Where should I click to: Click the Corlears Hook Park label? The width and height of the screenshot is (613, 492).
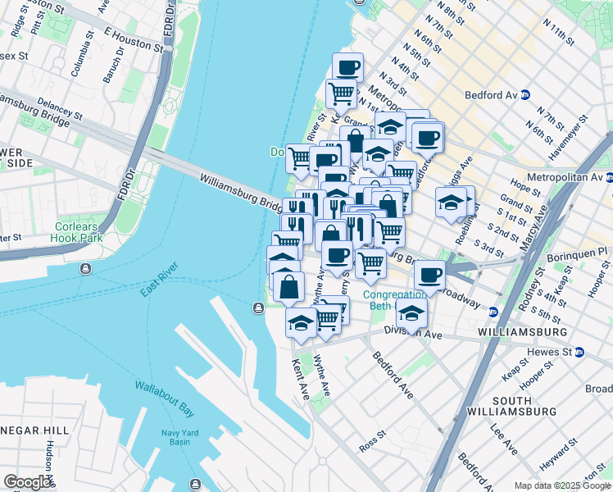point(79,233)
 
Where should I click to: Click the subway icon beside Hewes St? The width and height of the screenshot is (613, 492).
point(579,352)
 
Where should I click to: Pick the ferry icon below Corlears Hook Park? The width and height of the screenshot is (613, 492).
point(86,268)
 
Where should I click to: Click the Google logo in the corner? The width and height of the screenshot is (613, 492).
point(28,482)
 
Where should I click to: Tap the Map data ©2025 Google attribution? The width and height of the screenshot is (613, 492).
point(562,485)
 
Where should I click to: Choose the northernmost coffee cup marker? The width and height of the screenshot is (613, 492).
point(347,66)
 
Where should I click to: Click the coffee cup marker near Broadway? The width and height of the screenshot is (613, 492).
point(429,275)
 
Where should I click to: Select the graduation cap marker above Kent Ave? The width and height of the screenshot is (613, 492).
point(301,321)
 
